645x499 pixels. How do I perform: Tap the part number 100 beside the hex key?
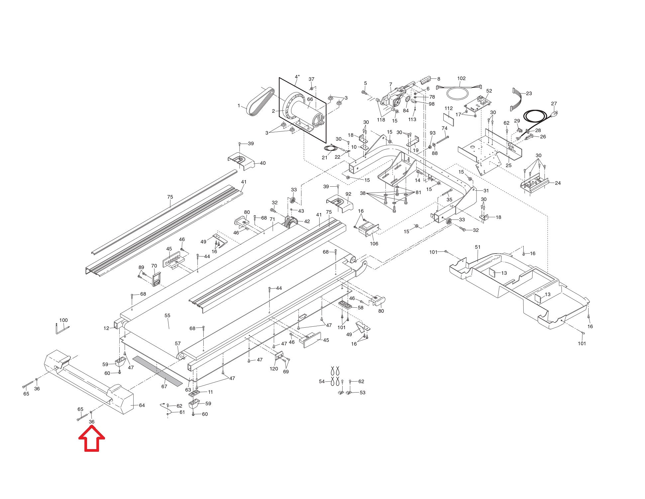[x=63, y=320]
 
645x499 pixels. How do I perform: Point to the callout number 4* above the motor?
[x=297, y=77]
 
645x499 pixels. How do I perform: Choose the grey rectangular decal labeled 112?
[x=449, y=117]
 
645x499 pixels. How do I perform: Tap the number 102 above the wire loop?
[x=461, y=79]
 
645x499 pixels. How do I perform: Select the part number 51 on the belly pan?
[x=478, y=247]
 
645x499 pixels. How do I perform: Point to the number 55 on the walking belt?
[x=167, y=316]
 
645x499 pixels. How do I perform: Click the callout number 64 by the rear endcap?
[x=142, y=405]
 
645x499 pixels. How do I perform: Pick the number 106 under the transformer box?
[x=374, y=244]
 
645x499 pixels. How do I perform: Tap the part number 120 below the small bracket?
[x=273, y=369]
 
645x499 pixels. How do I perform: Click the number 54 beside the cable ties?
[x=322, y=382]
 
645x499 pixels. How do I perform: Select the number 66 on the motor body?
[x=310, y=99]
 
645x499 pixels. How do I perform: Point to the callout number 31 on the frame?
[x=486, y=191]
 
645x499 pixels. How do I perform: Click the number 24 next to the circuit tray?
[x=558, y=183]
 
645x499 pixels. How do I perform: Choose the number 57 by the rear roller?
[x=178, y=344]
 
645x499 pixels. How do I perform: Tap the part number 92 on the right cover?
[x=348, y=194]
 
